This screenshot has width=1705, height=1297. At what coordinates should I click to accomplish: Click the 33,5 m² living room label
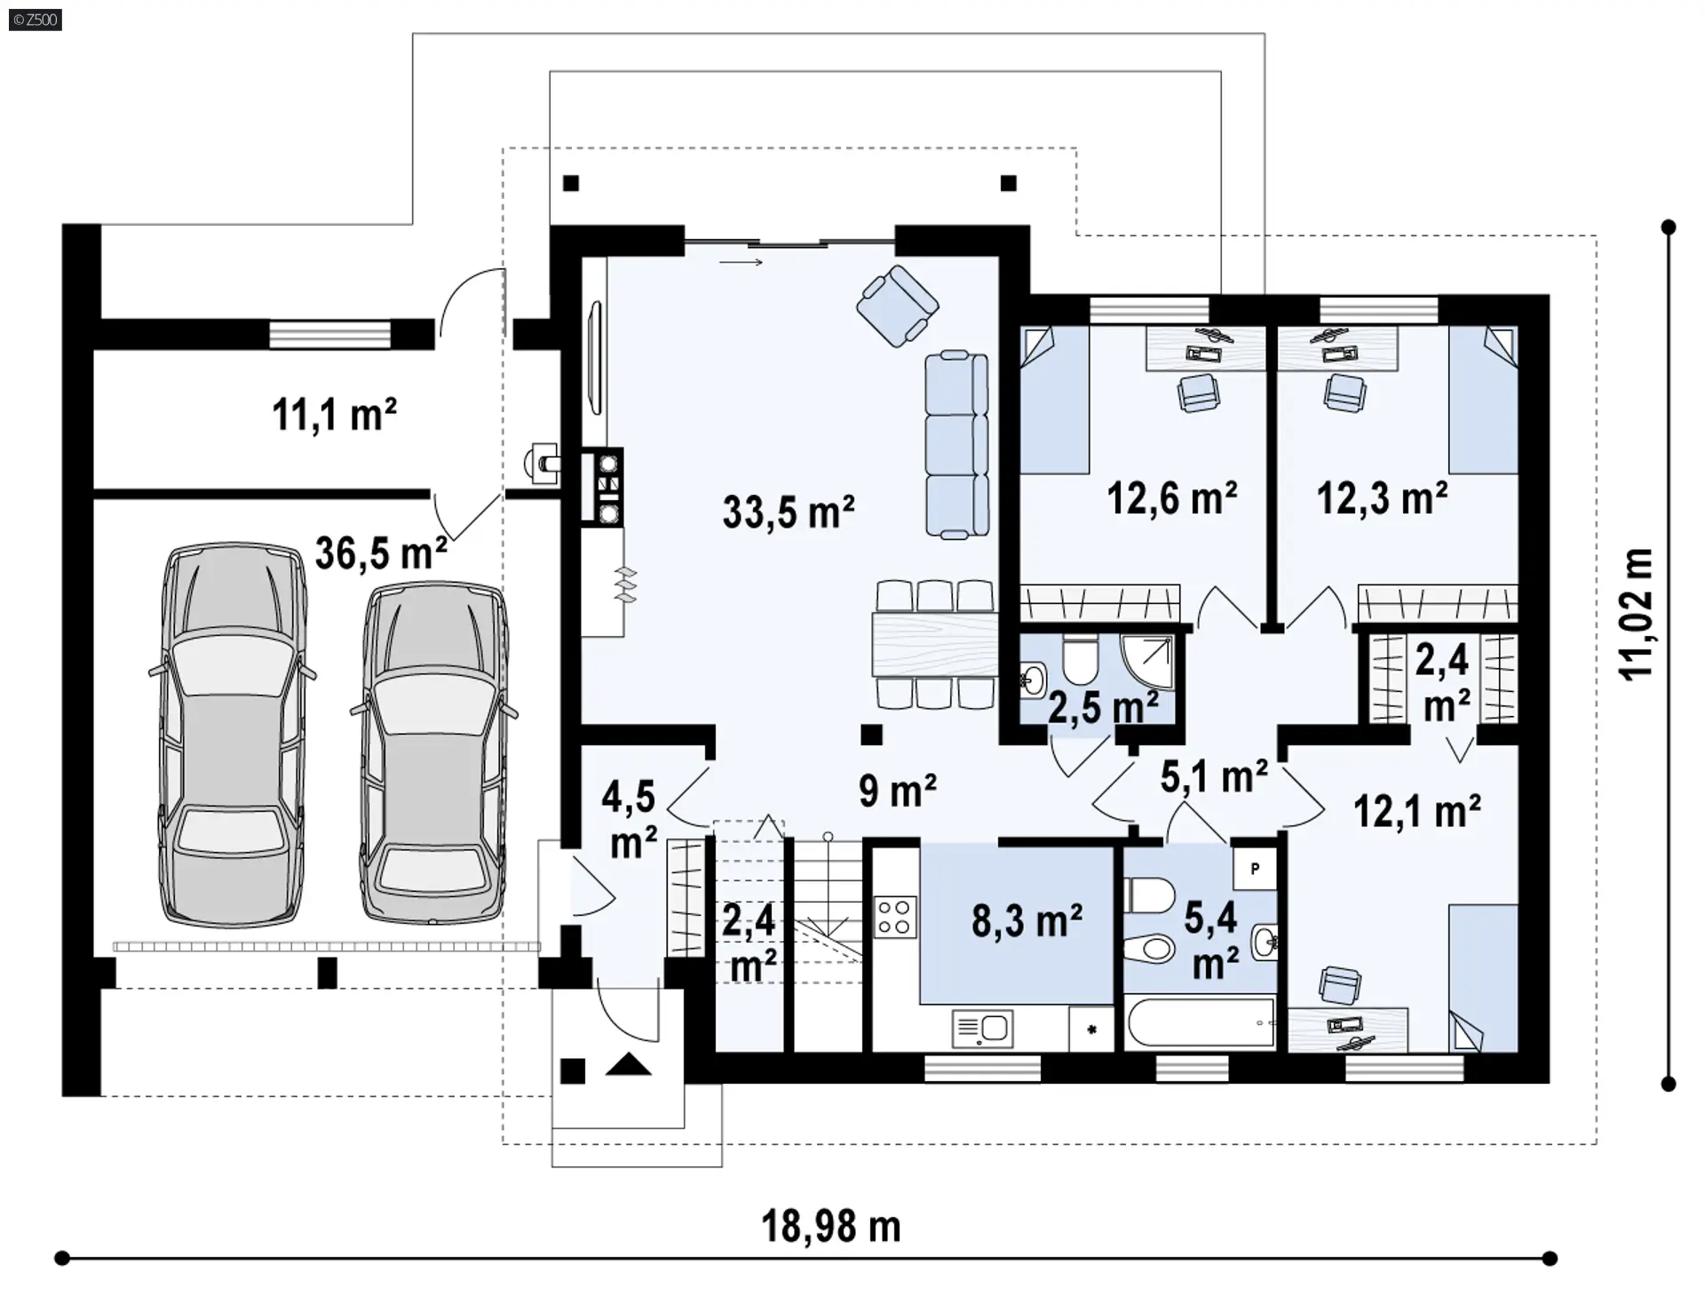[789, 512]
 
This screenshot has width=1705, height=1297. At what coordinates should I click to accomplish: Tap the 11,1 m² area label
[334, 414]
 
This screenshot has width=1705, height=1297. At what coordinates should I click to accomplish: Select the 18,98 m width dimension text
[831, 1226]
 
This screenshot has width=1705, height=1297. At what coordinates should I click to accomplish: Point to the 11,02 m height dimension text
[1637, 614]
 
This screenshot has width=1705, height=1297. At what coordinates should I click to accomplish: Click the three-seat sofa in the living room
[956, 444]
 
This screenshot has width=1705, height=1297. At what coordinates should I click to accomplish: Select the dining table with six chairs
[935, 644]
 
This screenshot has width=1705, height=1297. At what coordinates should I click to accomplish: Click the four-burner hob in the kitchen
[895, 917]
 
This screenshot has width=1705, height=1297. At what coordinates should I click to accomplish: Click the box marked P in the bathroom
[1255, 868]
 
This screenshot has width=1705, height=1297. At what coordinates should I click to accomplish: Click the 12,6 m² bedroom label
[1172, 498]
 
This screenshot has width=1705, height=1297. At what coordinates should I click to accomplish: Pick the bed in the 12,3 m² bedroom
[1483, 400]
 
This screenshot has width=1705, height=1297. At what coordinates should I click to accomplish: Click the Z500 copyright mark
[36, 19]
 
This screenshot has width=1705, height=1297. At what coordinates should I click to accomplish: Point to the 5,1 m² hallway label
[1214, 776]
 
